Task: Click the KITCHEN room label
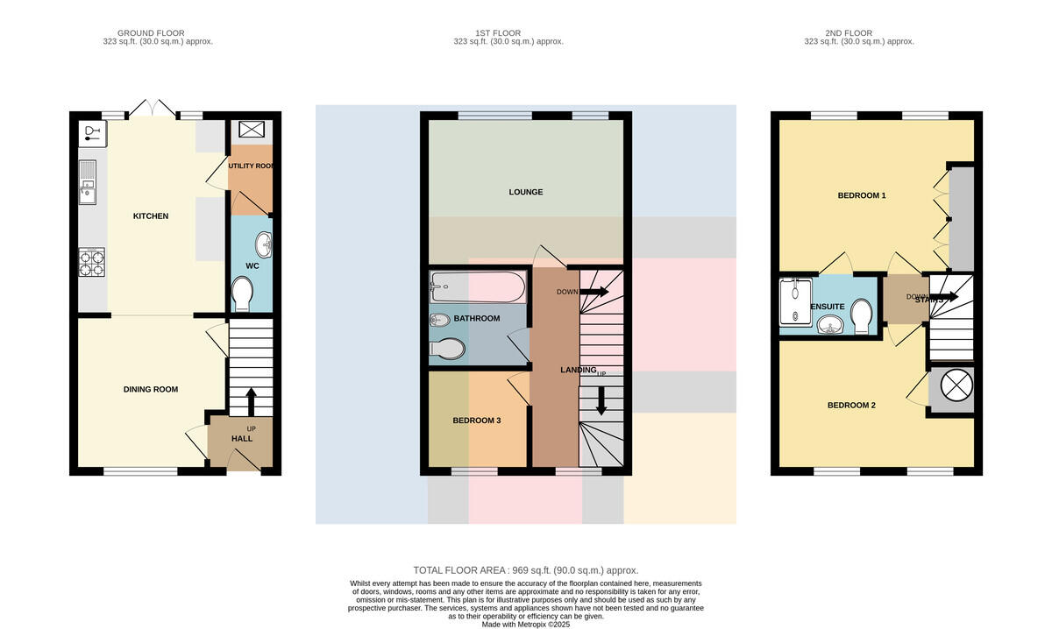(150, 216)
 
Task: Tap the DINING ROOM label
(150, 389)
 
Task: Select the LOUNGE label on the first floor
(525, 192)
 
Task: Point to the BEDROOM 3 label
(476, 421)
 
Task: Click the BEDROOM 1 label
(861, 195)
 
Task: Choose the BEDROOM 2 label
(851, 405)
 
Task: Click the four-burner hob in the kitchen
(91, 262)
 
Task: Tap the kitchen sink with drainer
(88, 182)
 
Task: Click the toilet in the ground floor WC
(242, 293)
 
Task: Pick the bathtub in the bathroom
(478, 286)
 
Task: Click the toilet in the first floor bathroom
(447, 349)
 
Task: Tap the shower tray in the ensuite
(796, 302)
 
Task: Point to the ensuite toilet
(862, 317)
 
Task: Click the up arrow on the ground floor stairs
(252, 402)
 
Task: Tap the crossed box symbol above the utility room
(252, 129)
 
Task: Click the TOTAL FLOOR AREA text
(525, 570)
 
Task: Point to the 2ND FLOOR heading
(849, 33)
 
